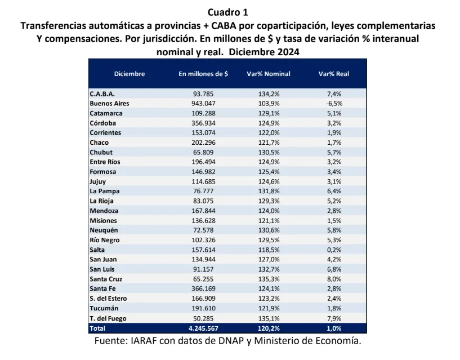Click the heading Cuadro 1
tap(227, 12)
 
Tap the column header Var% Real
tap(334, 74)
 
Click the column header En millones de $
tap(203, 74)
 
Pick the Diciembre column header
tap(129, 74)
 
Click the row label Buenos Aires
tap(109, 104)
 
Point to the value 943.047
tap(203, 104)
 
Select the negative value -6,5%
tap(334, 104)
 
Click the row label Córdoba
tap(105, 123)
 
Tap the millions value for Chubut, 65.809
tap(203, 152)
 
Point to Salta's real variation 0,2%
tap(334, 250)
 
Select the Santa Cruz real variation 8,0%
tap(334, 279)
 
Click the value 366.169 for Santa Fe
tap(203, 288)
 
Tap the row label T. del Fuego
tap(108, 318)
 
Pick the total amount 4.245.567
tap(203, 328)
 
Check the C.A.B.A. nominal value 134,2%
tap(269, 94)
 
